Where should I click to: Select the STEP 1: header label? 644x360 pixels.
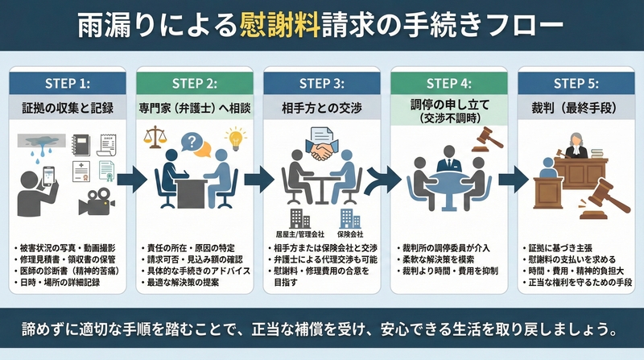[67, 82]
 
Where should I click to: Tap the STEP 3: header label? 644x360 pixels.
[321, 82]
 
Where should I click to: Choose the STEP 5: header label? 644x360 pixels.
[576, 82]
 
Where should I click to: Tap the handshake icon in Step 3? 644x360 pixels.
[321, 147]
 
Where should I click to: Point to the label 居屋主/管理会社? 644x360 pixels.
[295, 234]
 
